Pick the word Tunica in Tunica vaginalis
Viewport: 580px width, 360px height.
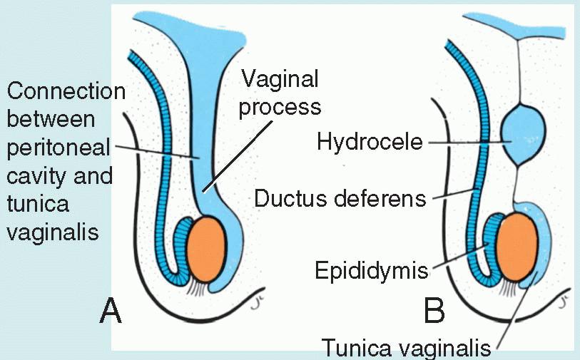click(357, 349)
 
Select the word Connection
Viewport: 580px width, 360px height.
click(66, 91)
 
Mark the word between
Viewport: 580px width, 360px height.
click(49, 119)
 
